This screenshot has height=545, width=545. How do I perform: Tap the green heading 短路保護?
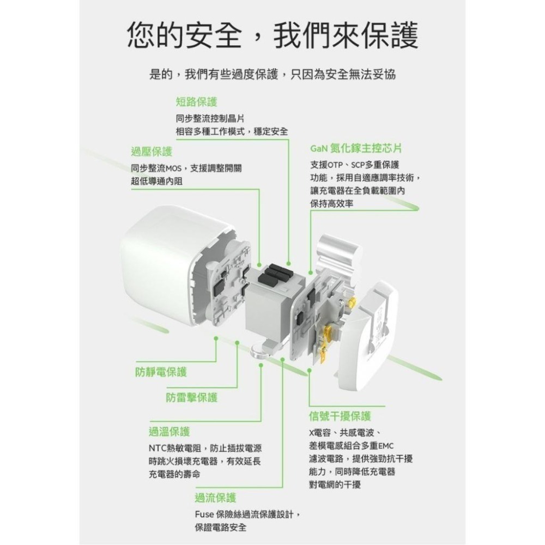click(x=196, y=101)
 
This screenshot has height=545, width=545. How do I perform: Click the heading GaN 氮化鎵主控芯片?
click(x=356, y=148)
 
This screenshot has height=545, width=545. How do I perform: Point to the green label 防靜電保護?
click(x=161, y=372)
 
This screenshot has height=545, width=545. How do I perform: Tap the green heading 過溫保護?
click(x=169, y=432)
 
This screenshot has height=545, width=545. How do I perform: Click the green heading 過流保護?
click(x=215, y=497)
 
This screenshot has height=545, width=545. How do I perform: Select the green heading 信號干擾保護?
click(x=340, y=416)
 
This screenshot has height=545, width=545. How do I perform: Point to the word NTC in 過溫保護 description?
click(x=159, y=449)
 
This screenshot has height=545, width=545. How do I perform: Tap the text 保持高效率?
click(x=331, y=203)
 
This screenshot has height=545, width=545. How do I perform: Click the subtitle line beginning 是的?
click(x=272, y=75)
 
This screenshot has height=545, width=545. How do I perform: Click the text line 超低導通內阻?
click(x=157, y=181)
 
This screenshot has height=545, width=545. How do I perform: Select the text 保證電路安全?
click(x=220, y=528)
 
